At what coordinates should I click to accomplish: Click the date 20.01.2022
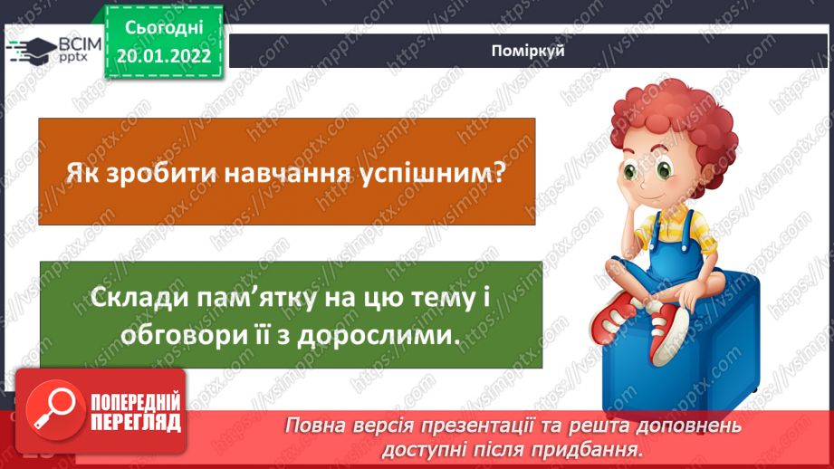[x=164, y=56]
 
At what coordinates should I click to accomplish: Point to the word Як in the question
[x=80, y=172]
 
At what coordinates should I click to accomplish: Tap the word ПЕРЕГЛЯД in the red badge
[x=136, y=423]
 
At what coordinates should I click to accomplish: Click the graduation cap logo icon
[x=33, y=49]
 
